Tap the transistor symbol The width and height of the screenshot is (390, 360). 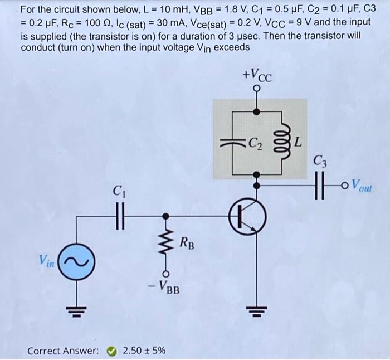click(x=246, y=216)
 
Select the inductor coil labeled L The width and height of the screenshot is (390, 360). click(x=281, y=141)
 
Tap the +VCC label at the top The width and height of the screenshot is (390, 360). click(x=257, y=74)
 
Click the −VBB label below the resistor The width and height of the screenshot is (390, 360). click(x=164, y=289)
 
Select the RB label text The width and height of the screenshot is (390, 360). click(x=188, y=242)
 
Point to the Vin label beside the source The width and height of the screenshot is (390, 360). click(x=47, y=260)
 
